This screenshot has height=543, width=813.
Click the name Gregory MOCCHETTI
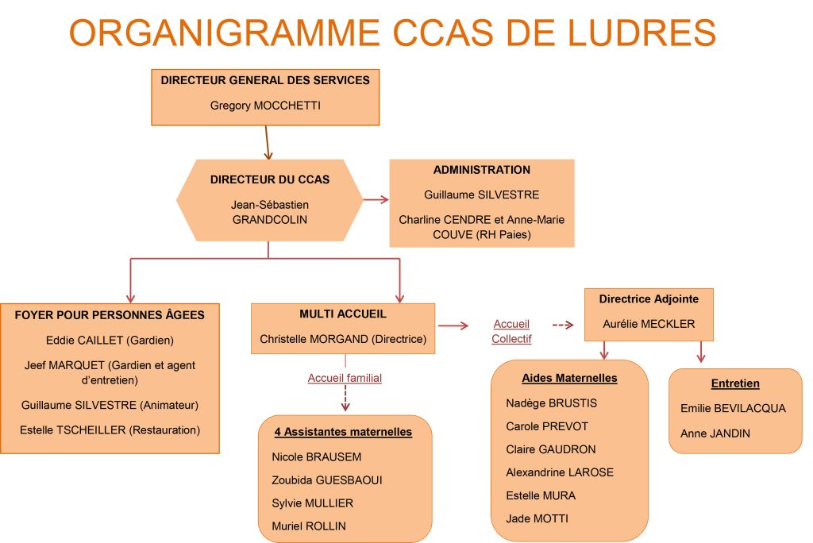point(265,106)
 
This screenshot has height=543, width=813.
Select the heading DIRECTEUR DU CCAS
point(270,179)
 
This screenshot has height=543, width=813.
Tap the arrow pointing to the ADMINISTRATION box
point(376,199)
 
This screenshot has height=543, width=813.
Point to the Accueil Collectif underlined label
point(511,331)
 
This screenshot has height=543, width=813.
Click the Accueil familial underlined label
point(345,378)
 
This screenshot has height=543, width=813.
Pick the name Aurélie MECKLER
point(649,324)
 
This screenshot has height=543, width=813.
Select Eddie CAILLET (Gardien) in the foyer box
point(110,341)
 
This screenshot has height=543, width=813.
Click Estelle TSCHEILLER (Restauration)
point(110,430)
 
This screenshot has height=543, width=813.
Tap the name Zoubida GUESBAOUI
point(326,480)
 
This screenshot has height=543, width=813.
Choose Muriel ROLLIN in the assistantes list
point(309,526)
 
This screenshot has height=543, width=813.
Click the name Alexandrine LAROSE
point(560,472)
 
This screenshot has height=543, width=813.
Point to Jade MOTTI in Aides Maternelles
point(538,518)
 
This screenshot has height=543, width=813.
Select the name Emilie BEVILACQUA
point(733,408)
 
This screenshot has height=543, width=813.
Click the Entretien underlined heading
point(735,383)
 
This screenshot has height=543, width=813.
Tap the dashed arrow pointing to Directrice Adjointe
point(563,325)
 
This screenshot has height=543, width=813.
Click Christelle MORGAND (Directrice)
point(343,339)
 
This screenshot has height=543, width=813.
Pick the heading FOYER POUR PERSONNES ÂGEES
point(110,315)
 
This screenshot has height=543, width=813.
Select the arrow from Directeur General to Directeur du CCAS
point(267,143)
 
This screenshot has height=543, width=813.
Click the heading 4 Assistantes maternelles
point(343,432)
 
